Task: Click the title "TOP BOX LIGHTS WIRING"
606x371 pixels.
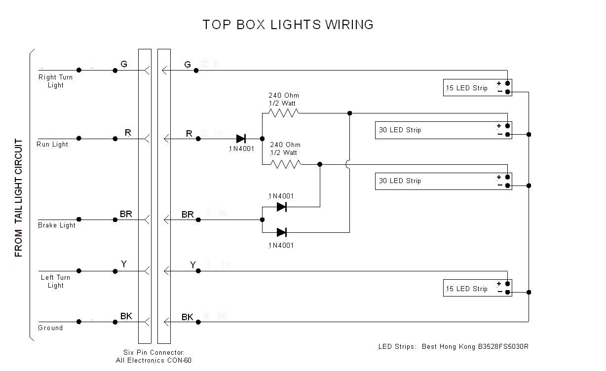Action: [x=288, y=25]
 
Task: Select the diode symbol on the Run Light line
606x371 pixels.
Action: [x=241, y=139]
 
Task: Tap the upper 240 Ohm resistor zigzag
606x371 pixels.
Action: [x=283, y=113]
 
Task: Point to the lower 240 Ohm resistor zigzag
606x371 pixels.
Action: [x=285, y=164]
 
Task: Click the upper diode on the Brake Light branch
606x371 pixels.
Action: [x=282, y=207]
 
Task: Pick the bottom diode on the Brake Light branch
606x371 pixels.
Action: [x=282, y=232]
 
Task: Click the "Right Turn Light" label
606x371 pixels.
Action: [x=55, y=81]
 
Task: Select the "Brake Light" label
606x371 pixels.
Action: [x=57, y=225]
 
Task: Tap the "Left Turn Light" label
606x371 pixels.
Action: [x=55, y=281]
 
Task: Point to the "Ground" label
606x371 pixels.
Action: [x=50, y=328]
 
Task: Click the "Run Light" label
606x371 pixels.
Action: [x=52, y=145]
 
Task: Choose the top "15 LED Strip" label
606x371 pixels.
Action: [x=466, y=88]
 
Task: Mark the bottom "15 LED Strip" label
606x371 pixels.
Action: [x=466, y=289]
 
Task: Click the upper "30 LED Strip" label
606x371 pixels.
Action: [x=400, y=130]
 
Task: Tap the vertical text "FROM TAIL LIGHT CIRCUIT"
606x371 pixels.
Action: [x=19, y=198]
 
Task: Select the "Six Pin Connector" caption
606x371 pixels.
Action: [x=154, y=352]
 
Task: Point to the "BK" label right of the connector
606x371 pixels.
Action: [x=188, y=317]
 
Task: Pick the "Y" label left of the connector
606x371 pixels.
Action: [x=124, y=264]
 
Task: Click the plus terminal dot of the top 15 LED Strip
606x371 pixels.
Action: [x=507, y=83]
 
